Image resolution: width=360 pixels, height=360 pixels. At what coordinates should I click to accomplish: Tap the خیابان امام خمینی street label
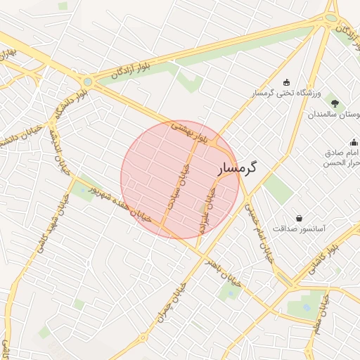pos(257,233)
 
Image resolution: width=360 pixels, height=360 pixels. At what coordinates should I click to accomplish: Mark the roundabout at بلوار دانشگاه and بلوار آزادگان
pos(87,82)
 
